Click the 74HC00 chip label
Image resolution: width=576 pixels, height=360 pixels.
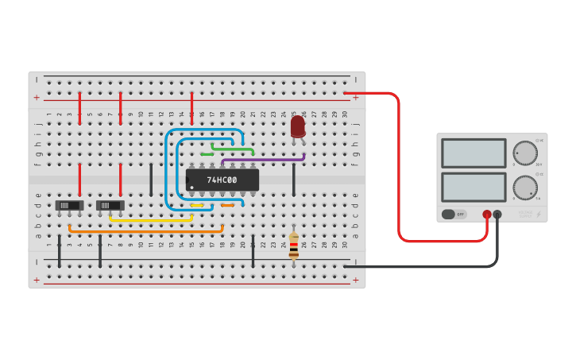point(222,180)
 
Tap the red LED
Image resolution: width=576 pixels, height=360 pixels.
point(297,127)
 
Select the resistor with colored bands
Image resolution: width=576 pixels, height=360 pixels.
point(294,246)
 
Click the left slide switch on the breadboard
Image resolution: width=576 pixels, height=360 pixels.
point(70,205)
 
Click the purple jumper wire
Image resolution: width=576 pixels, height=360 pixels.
point(262,159)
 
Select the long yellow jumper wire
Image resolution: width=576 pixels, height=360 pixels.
point(151,220)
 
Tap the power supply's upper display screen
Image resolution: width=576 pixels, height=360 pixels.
point(473,153)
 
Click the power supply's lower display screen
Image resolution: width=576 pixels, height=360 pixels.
point(473,187)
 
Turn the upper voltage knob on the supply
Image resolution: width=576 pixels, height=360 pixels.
point(524,152)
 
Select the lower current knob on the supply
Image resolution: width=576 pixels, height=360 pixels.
point(524,188)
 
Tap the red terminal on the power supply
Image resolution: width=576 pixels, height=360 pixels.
point(487,215)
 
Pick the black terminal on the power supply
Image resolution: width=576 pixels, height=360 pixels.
point(497,215)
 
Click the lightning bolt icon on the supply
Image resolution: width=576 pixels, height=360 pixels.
point(538,215)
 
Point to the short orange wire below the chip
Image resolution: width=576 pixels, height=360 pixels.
point(227,205)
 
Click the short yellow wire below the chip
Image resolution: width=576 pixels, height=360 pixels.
point(197,205)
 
